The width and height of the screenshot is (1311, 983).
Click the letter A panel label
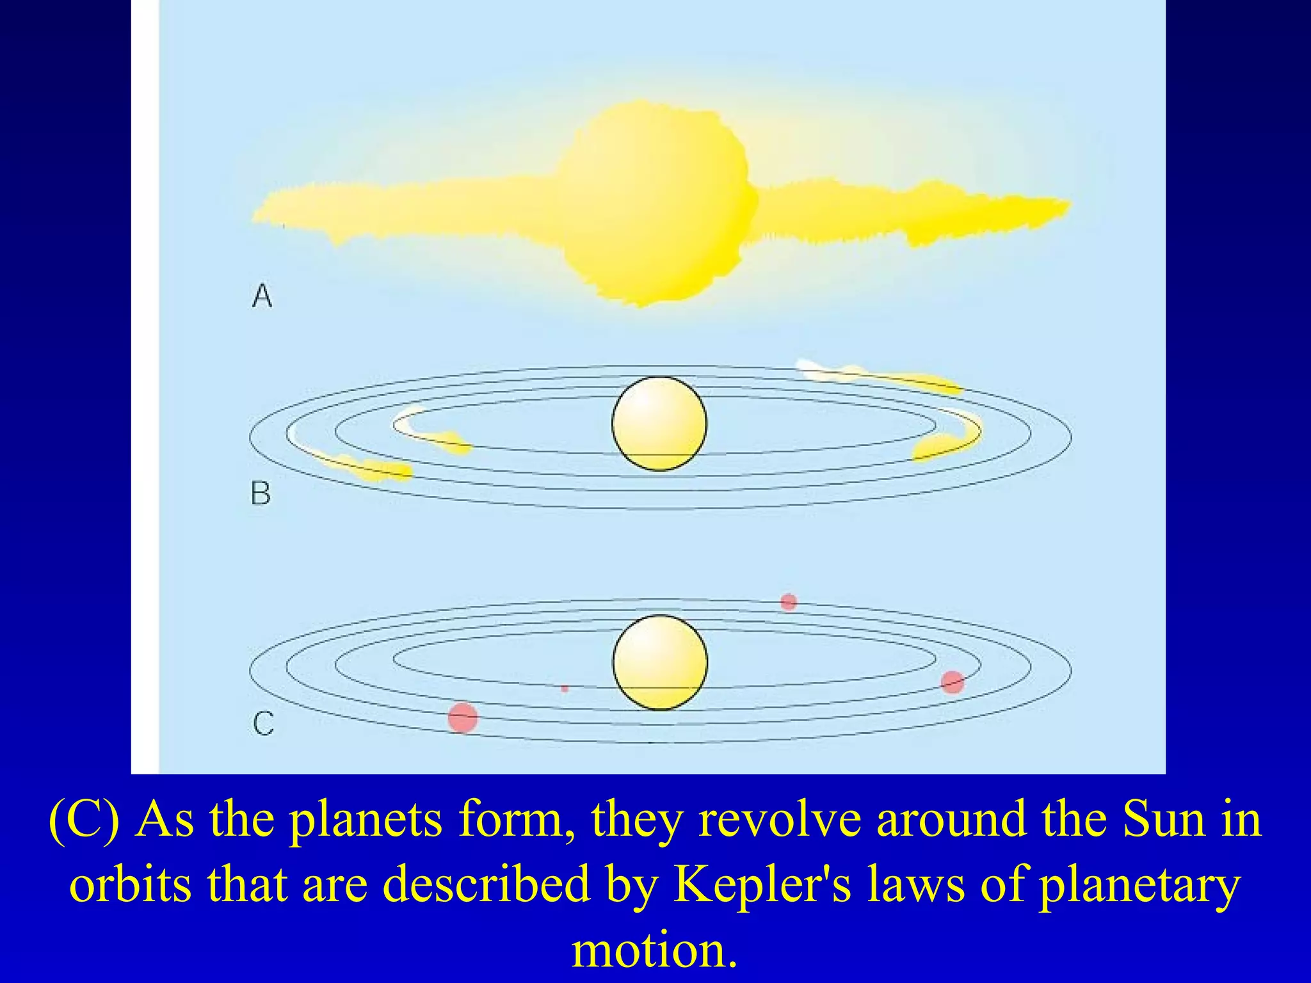click(x=262, y=296)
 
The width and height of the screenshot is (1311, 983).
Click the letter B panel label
click(x=261, y=493)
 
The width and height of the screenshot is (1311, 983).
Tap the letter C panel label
click(x=263, y=724)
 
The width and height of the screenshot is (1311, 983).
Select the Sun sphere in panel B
click(x=659, y=424)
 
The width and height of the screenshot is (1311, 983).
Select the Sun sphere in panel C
click(x=660, y=662)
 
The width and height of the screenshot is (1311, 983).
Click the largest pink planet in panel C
click(x=463, y=717)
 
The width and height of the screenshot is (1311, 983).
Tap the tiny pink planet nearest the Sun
click(x=564, y=689)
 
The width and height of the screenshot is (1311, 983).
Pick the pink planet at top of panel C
click(x=789, y=602)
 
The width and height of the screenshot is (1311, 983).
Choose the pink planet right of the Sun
click(x=953, y=682)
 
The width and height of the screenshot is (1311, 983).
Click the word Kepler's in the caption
click(x=762, y=884)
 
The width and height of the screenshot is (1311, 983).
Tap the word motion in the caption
click(x=654, y=950)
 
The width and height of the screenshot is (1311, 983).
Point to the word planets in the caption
click(x=366, y=820)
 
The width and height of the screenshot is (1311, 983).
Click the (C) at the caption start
click(x=84, y=820)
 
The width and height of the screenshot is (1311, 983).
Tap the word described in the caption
click(x=486, y=884)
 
